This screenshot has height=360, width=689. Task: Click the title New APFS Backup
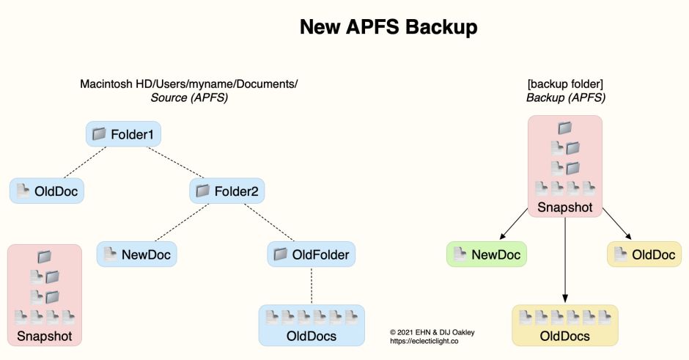pos(388,28)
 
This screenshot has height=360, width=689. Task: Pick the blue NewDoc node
pos(138,254)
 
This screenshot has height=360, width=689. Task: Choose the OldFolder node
pos(312,254)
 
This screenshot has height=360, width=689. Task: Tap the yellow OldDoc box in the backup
pos(644,254)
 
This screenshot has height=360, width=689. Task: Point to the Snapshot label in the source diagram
pos(44,337)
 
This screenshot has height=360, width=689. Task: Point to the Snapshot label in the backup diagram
pos(564,207)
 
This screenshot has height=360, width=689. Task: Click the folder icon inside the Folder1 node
pos(99,134)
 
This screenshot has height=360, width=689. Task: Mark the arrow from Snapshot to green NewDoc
pos(517,225)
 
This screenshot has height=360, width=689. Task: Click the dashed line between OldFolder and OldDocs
pos(312,285)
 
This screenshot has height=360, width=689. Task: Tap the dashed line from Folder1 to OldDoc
pos(83,164)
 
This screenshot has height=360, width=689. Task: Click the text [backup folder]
pos(564,84)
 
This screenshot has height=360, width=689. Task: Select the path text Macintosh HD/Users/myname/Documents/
pos(188,84)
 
